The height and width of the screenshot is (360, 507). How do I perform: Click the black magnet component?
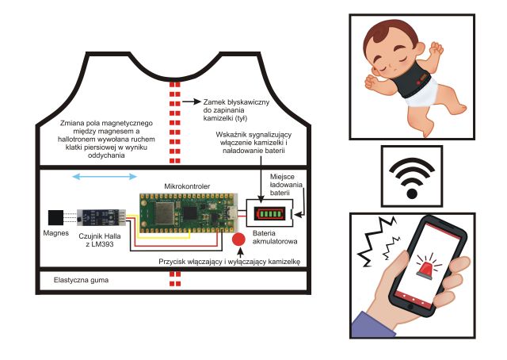click(x=57, y=216)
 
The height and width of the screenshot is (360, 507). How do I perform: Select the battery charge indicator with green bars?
click(x=269, y=213)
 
